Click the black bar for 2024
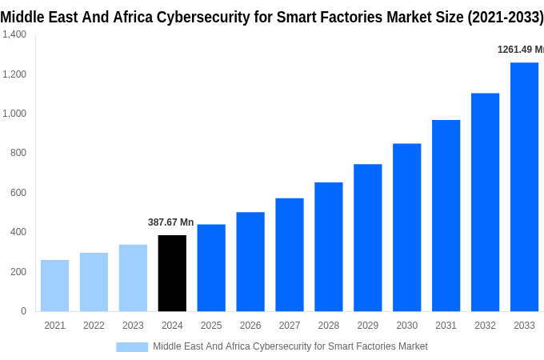click(172, 273)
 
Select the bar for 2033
click(524, 187)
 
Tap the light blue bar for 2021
click(54, 286)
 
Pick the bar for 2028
click(328, 246)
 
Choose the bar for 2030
click(406, 227)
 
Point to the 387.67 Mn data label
click(170, 222)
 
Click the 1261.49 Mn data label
click(520, 50)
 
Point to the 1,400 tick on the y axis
click(14, 34)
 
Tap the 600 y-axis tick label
click(18, 193)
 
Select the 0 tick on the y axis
click(23, 311)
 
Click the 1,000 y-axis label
click(14, 114)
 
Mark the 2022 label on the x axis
click(94, 326)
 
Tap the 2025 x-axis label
click(211, 326)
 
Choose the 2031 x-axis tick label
click(446, 326)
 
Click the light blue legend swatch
click(132, 346)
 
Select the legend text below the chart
click(290, 346)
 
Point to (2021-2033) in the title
click(506, 15)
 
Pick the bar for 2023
click(133, 278)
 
